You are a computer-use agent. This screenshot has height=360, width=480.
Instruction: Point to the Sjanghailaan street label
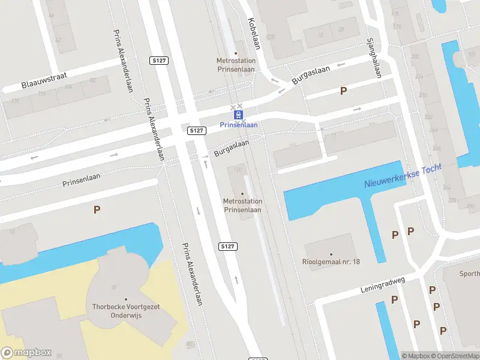coord(374,58)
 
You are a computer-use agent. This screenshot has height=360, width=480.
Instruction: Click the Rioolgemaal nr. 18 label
coord(331,262)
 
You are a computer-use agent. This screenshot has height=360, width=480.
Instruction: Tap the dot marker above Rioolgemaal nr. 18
coord(331,254)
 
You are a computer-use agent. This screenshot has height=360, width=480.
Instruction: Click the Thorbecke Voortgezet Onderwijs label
coord(126,310)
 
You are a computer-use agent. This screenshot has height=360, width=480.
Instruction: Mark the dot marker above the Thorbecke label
coord(126,299)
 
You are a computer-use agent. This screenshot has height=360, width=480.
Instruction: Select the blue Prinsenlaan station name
coord(239,125)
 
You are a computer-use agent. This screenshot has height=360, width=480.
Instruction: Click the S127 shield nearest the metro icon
coord(197,130)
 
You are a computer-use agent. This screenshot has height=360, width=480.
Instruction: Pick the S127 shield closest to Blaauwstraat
coord(158,61)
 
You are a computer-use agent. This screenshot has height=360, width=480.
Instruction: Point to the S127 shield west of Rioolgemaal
coord(227,247)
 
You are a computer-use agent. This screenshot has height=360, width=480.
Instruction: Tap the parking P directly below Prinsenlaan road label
coord(97,209)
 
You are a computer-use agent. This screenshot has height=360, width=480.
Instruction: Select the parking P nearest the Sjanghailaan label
coord(343,91)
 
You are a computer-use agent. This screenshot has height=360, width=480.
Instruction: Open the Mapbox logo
coord(26,353)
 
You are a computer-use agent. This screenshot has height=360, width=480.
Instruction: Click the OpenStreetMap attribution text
coord(455,356)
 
